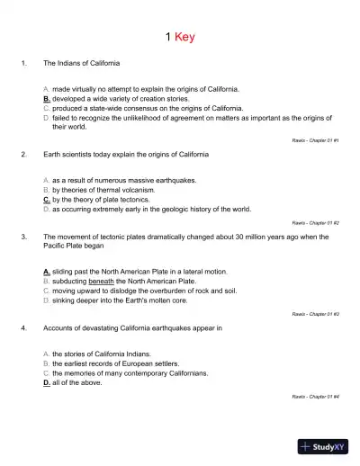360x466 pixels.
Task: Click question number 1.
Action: tap(22, 64)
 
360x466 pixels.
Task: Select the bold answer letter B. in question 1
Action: tap(47, 99)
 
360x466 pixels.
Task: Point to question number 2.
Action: tap(22, 155)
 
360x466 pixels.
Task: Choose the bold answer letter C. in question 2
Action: tap(47, 199)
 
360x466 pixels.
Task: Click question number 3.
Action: tap(22, 236)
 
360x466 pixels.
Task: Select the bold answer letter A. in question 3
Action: tap(47, 271)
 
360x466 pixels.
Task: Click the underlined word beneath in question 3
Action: tap(102, 280)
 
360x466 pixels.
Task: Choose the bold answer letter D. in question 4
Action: tap(47, 381)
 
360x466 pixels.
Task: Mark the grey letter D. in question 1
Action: tap(47, 117)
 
